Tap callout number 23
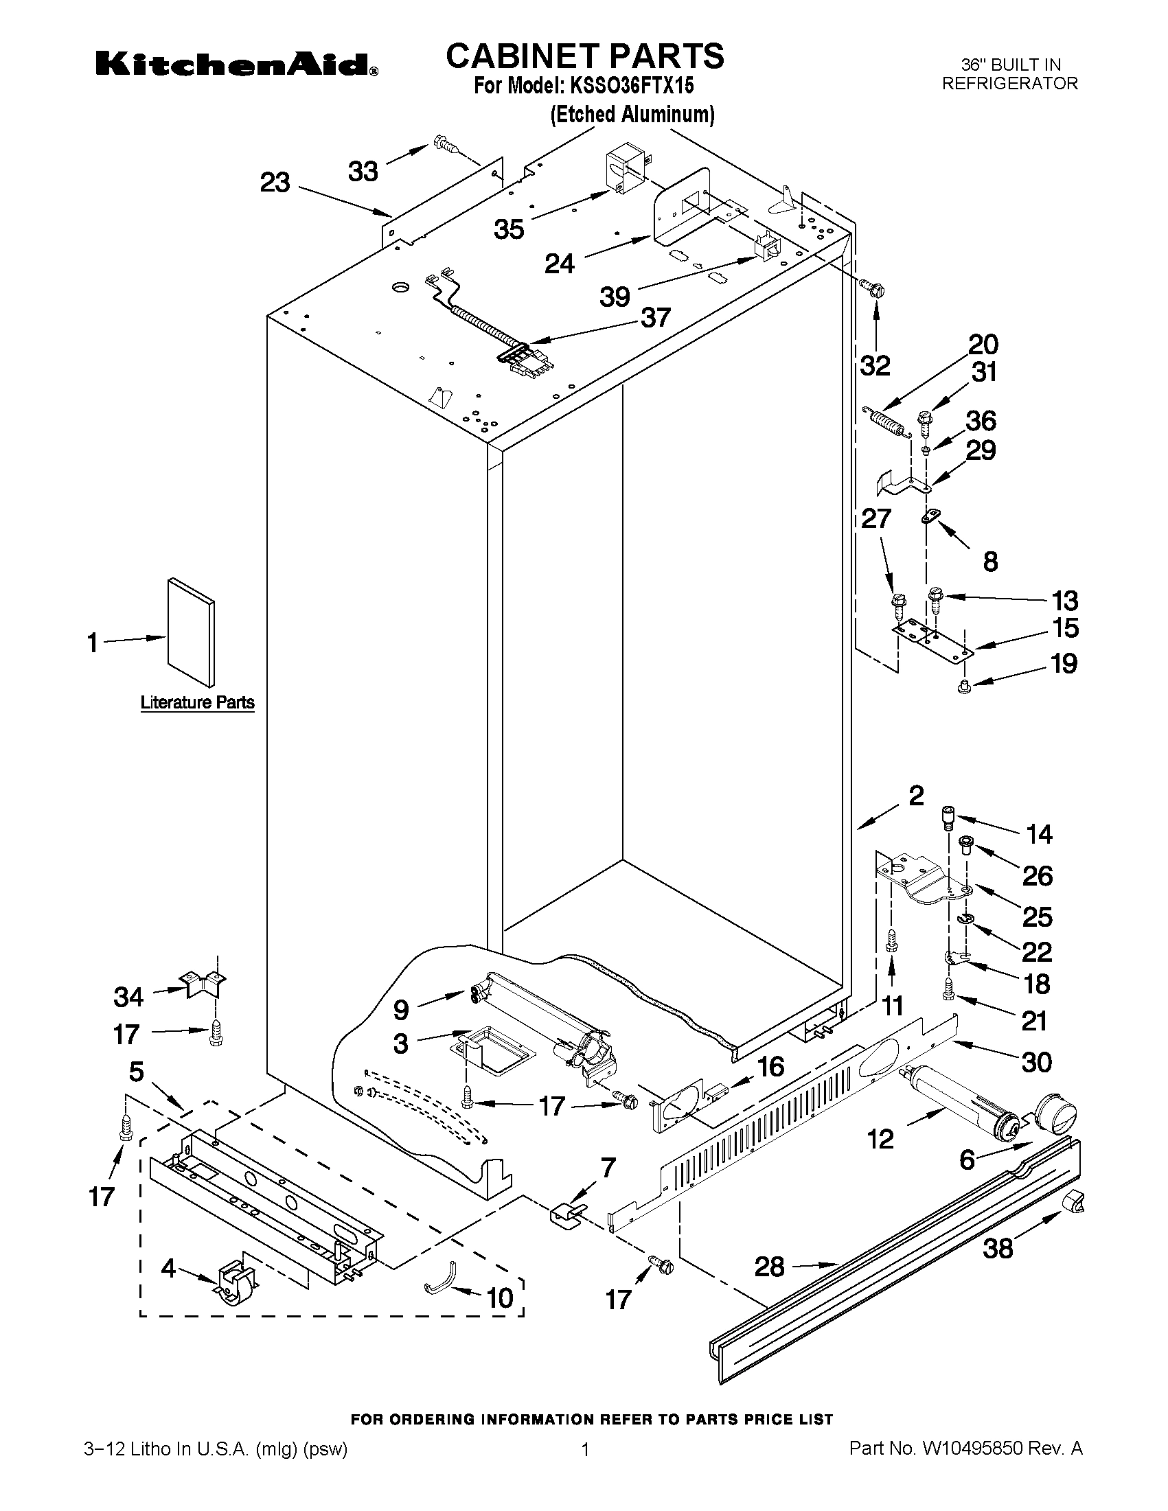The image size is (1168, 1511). tap(275, 183)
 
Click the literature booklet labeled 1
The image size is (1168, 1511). tap(190, 633)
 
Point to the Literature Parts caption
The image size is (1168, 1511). tap(197, 702)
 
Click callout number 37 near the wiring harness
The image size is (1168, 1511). tap(655, 318)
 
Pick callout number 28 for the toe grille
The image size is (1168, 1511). tap(769, 1267)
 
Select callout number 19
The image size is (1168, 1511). tap(1064, 664)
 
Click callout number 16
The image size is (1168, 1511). tap(770, 1066)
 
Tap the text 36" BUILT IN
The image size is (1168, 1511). tap(1010, 65)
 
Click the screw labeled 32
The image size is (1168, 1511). tap(871, 289)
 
